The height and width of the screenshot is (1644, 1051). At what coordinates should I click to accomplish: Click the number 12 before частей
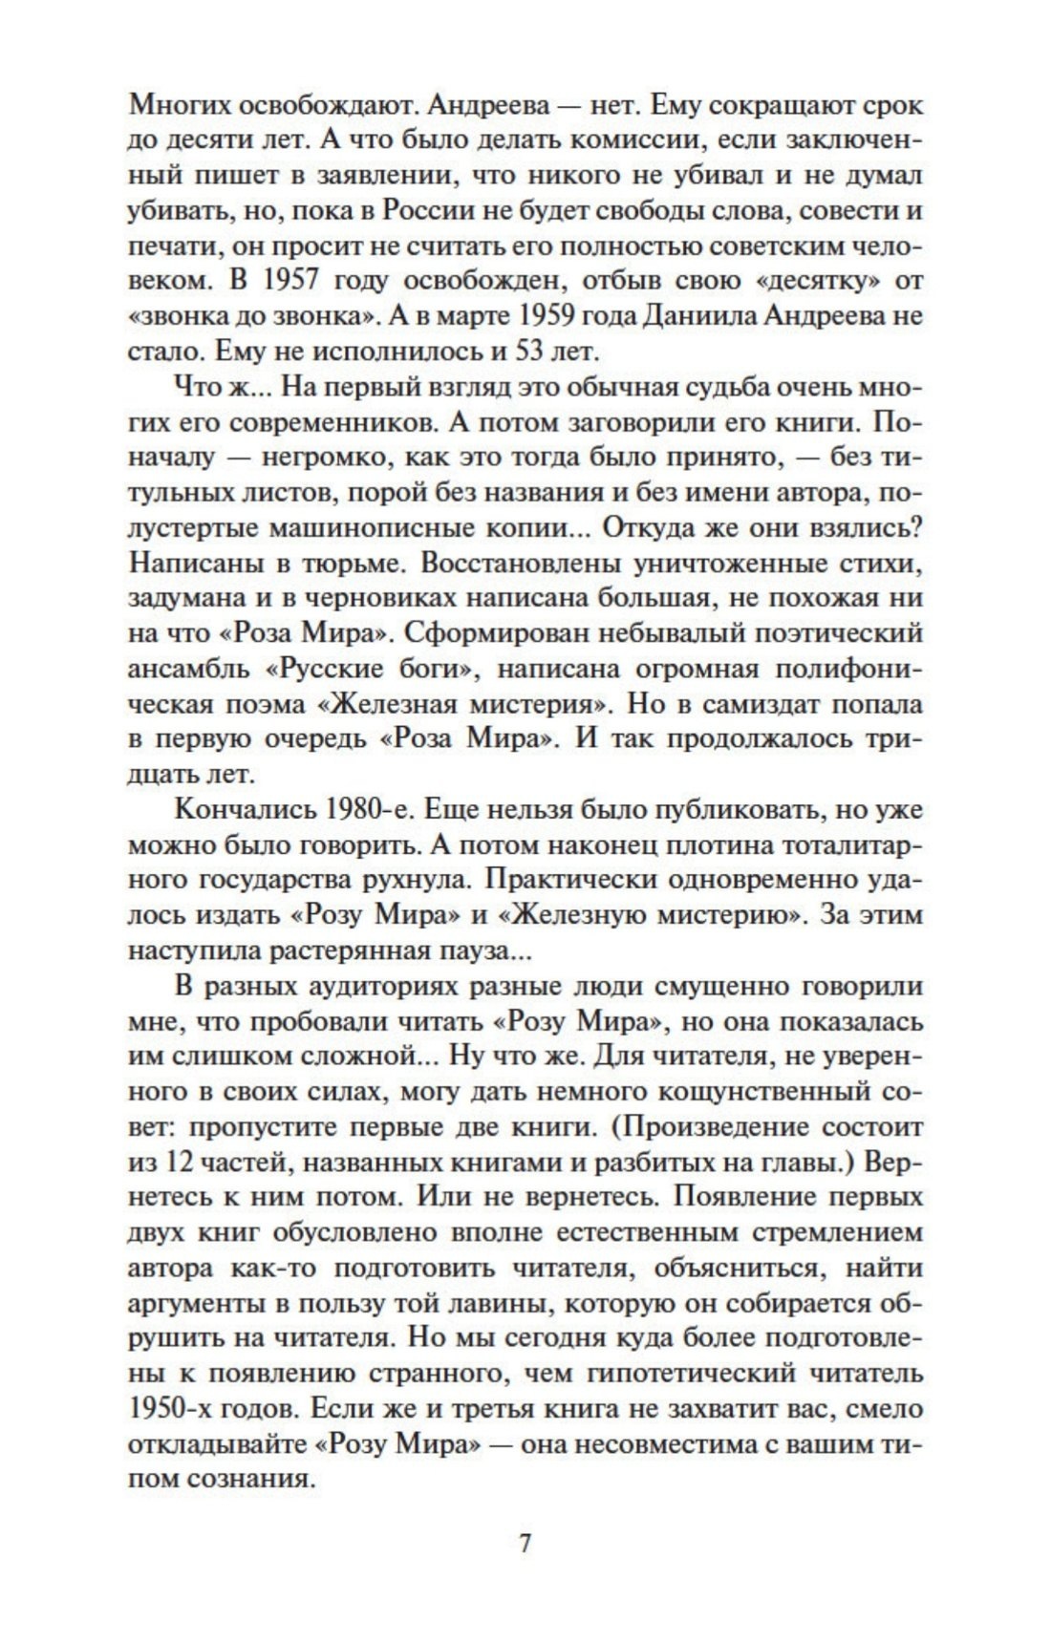pyautogui.click(x=173, y=1163)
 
